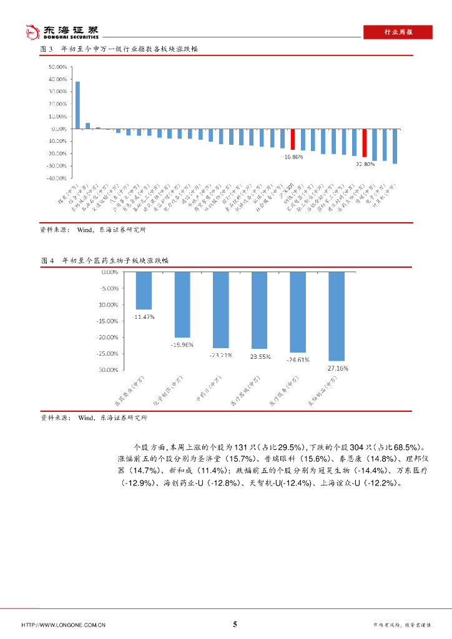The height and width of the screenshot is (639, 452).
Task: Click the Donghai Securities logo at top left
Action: [61, 31]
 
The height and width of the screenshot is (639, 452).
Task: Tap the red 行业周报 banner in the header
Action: [396, 32]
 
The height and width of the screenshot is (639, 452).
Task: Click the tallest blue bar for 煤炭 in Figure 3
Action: [77, 105]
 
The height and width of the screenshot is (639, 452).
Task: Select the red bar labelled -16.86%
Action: [293, 139]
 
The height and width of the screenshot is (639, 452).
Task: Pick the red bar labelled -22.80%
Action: [365, 142]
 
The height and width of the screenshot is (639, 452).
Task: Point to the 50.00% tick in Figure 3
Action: [57, 67]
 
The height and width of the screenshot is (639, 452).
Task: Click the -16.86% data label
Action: [291, 157]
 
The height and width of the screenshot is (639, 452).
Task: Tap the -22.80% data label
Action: [365, 163]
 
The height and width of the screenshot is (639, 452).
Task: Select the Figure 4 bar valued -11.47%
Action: [144, 291]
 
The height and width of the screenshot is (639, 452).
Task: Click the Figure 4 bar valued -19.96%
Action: [182, 305]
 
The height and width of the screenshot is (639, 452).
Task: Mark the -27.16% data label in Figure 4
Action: [337, 368]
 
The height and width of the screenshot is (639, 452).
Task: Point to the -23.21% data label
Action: [221, 355]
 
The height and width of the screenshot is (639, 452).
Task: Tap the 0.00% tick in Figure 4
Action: [109, 272]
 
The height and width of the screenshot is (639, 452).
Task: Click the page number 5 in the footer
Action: [235, 624]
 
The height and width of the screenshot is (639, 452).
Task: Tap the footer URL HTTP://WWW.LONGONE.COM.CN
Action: [63, 625]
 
